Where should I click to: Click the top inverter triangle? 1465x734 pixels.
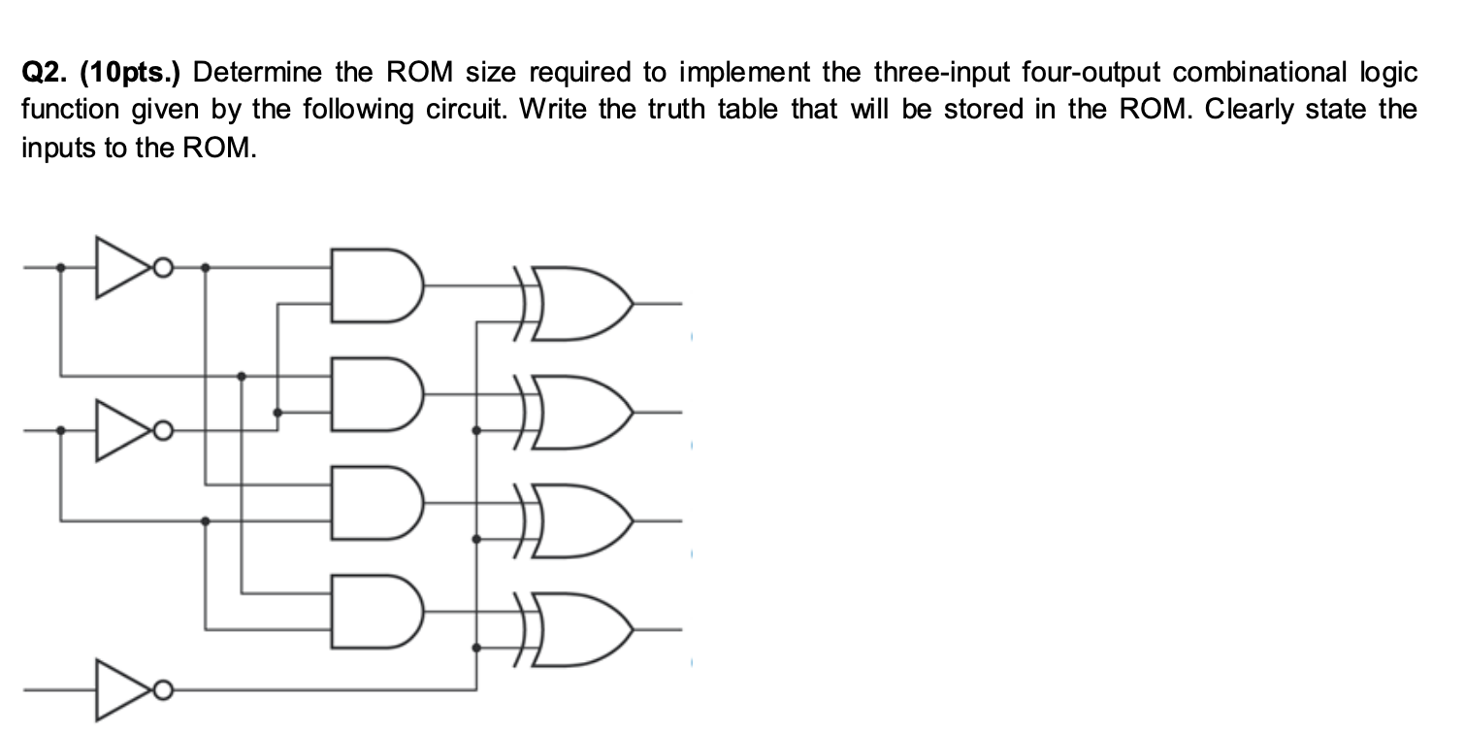coord(124,265)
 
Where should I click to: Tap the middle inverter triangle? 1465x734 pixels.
coord(124,429)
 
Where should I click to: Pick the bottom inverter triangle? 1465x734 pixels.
coord(124,690)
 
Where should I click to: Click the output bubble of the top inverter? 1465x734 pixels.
coord(166,265)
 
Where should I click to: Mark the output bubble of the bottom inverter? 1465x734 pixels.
coord(166,690)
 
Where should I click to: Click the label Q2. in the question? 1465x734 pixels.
coord(46,73)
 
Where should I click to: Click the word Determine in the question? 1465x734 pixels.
coord(263,73)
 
